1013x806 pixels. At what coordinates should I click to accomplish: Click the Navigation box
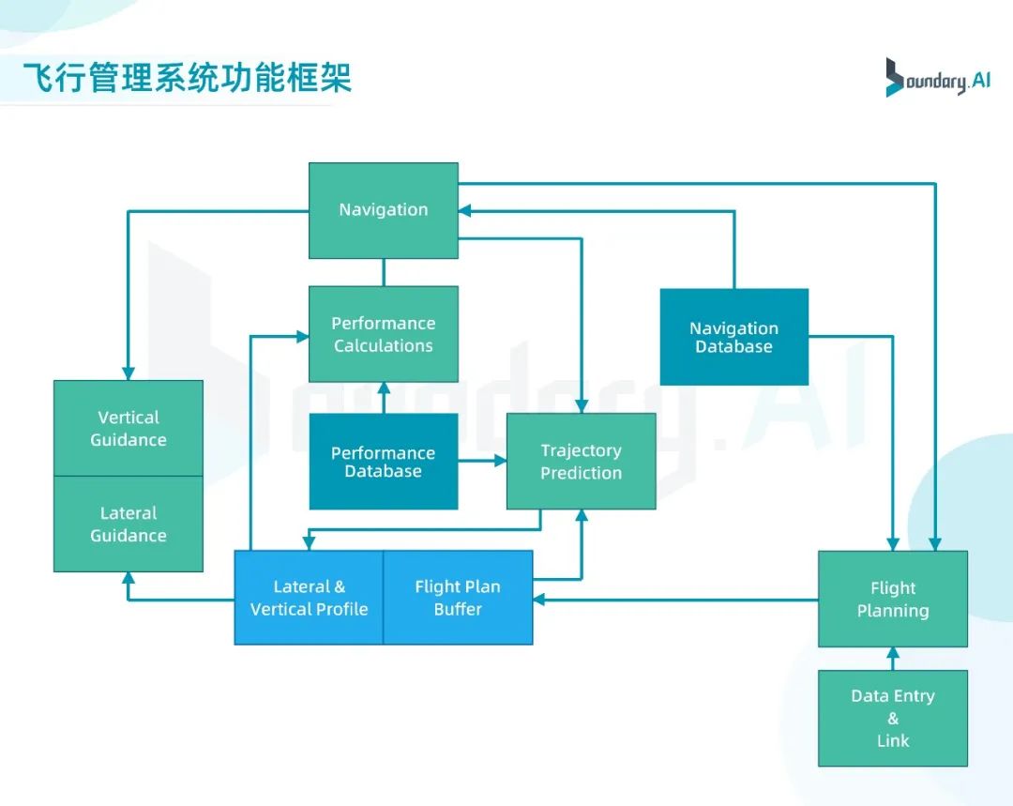[x=384, y=210]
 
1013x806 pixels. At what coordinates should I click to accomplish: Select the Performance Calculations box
[x=384, y=334]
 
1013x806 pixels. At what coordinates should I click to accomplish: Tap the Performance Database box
[x=384, y=462]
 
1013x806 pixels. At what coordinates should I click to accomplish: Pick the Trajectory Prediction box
[x=581, y=462]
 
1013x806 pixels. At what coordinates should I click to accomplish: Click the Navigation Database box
[x=733, y=337]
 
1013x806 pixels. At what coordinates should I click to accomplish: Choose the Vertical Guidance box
[x=129, y=428]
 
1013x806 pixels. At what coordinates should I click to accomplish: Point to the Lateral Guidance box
[x=129, y=524]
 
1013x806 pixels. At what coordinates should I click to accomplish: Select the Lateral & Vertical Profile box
[x=309, y=598]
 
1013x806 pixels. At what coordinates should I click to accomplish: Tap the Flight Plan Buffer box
[x=458, y=598]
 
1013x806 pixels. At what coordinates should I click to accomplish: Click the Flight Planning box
[x=892, y=599]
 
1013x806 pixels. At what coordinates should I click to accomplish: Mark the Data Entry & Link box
[x=892, y=718]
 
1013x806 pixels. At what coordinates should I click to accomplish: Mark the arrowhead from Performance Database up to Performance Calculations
[x=384, y=388]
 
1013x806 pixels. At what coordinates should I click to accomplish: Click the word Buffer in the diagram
[x=458, y=610]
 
